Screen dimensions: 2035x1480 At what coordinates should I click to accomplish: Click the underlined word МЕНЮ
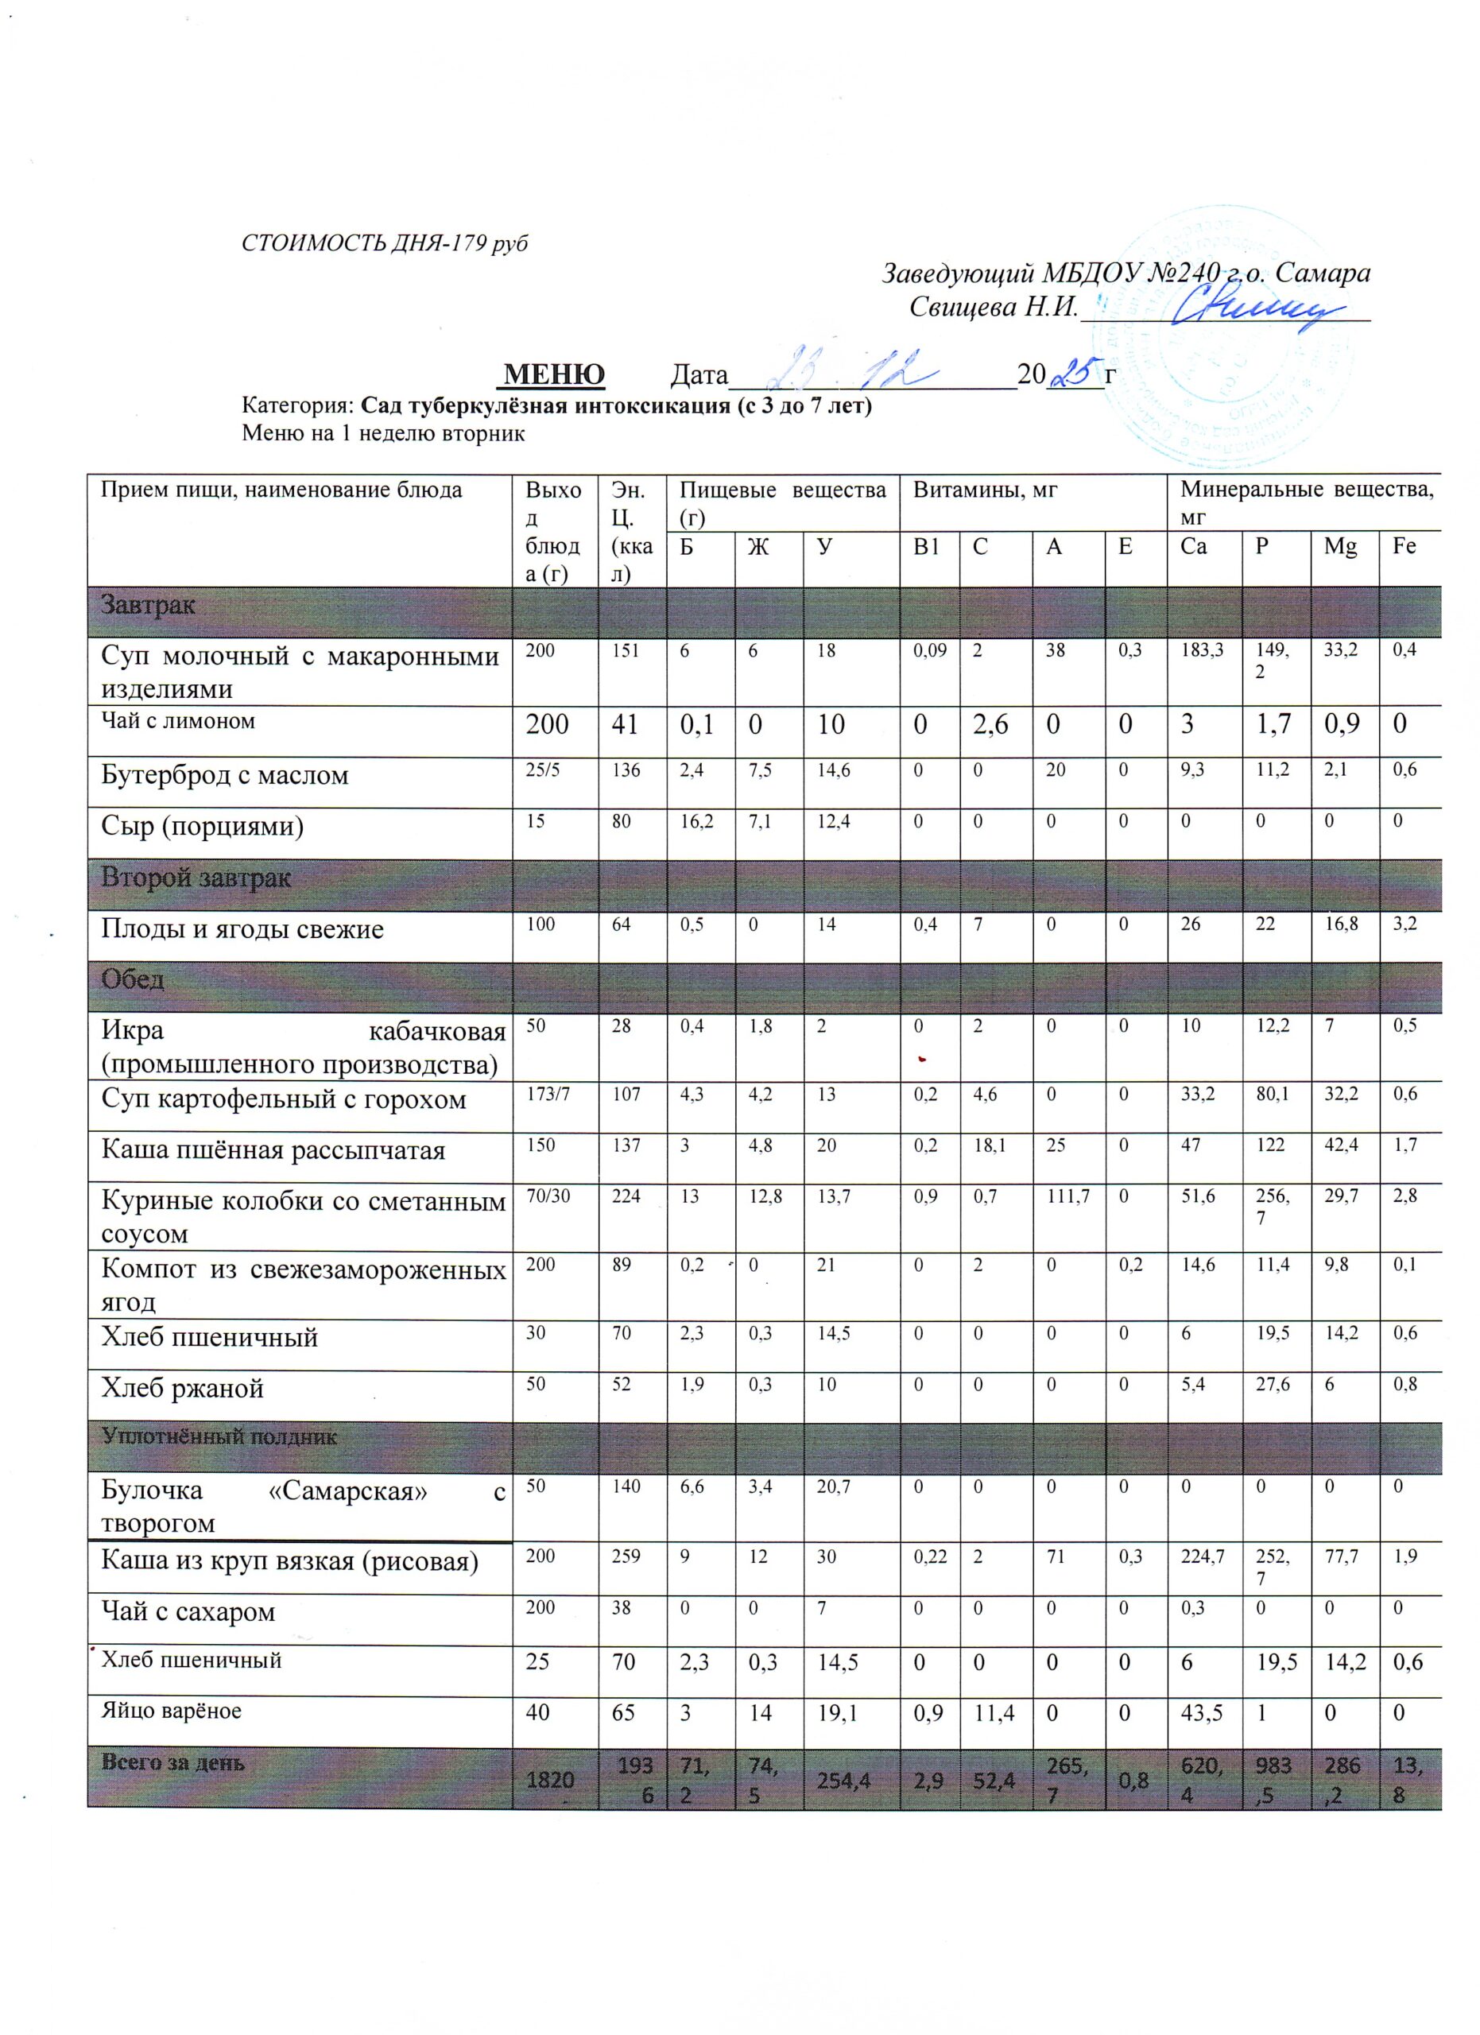tap(554, 374)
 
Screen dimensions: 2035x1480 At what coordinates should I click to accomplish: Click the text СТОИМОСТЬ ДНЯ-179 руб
tap(385, 243)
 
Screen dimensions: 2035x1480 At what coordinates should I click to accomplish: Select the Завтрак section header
tap(148, 605)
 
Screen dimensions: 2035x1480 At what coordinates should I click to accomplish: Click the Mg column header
tap(1340, 546)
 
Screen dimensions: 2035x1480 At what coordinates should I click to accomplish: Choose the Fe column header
tap(1404, 545)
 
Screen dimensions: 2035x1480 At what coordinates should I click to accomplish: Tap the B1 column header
tap(926, 546)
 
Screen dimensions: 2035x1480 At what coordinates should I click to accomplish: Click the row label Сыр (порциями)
tap(202, 825)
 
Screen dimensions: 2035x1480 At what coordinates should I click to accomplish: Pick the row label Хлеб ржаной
tap(182, 1389)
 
